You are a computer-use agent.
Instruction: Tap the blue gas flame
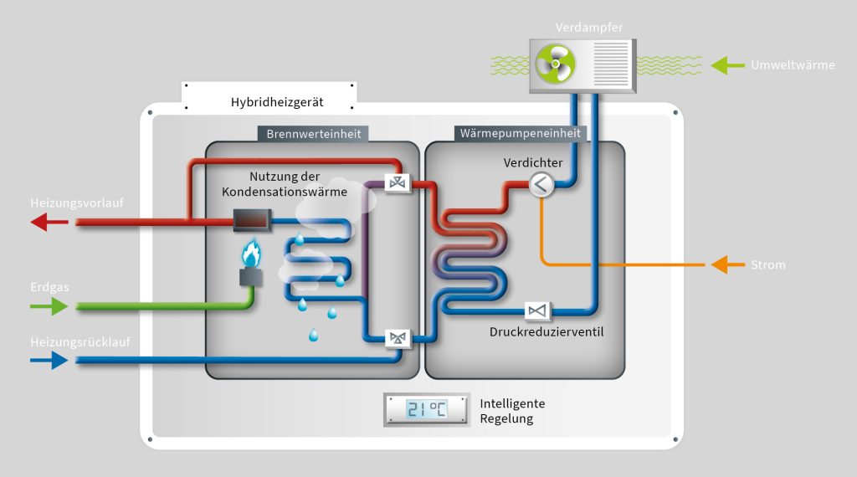[x=251, y=253]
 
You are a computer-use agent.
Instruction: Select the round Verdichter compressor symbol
[x=541, y=185]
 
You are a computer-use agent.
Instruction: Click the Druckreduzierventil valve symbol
[x=536, y=311]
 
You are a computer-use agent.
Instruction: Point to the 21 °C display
[x=426, y=409]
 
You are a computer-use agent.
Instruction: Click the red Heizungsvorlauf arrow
[x=49, y=223]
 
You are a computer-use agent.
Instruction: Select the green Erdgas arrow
[x=49, y=307]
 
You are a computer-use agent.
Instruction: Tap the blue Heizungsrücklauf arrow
[x=49, y=361]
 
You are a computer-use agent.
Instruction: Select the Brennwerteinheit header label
[x=314, y=134]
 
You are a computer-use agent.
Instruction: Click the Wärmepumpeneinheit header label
[x=520, y=134]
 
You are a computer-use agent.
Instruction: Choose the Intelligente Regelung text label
[x=511, y=411]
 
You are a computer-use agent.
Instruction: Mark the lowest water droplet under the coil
[x=314, y=336]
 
